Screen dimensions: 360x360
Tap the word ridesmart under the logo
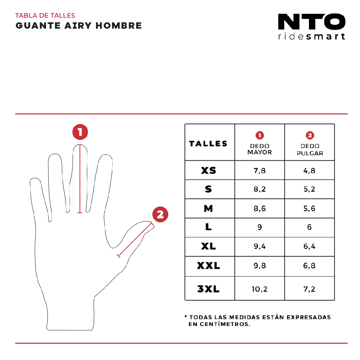tap(311, 36)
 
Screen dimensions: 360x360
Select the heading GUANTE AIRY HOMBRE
tap(79, 26)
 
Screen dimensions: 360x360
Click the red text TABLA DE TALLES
tap(45, 16)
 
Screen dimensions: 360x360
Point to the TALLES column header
tap(208, 144)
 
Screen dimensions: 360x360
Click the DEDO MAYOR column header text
tap(260, 149)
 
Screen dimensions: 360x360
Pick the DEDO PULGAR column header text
tap(310, 150)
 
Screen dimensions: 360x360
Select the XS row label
tap(209, 171)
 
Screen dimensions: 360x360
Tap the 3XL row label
tap(209, 289)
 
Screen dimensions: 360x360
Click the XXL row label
tap(209, 266)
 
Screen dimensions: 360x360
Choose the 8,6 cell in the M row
tap(260, 209)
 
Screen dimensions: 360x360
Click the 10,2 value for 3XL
tap(260, 289)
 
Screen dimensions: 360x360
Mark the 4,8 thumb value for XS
tap(309, 171)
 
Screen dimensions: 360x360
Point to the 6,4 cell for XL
tap(309, 247)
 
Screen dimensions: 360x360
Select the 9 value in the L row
tap(260, 227)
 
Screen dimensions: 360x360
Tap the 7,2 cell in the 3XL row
tap(309, 289)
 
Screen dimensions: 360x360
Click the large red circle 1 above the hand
tap(80, 132)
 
